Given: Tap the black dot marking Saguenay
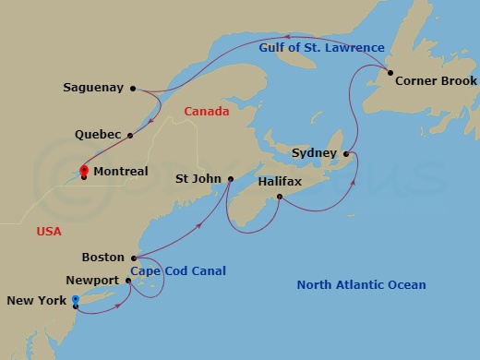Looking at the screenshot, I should [134, 89].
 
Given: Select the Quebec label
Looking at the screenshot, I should [99, 135].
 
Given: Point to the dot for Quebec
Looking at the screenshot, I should [130, 135].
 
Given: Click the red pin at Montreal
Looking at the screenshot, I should [83, 170].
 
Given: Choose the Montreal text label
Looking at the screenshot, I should [121, 172].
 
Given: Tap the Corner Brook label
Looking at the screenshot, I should [436, 81].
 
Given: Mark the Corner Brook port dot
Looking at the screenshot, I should [390, 73].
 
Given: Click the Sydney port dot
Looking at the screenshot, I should [346, 153].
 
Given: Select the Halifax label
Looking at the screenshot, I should [280, 183].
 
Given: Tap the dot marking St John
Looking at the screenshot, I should [231, 179].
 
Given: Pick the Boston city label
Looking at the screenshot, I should [102, 258].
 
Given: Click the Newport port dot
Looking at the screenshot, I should [127, 280].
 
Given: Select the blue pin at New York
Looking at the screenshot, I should [76, 299].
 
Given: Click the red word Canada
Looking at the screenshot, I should [206, 112].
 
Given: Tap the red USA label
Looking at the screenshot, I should [49, 232].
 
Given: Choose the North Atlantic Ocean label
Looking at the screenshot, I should [361, 285].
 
